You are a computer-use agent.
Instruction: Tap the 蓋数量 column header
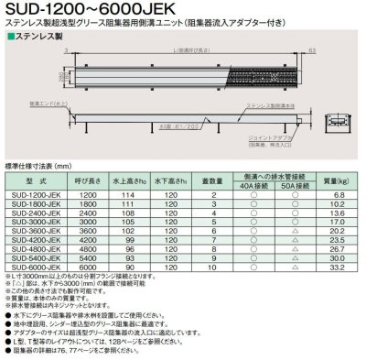212,181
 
